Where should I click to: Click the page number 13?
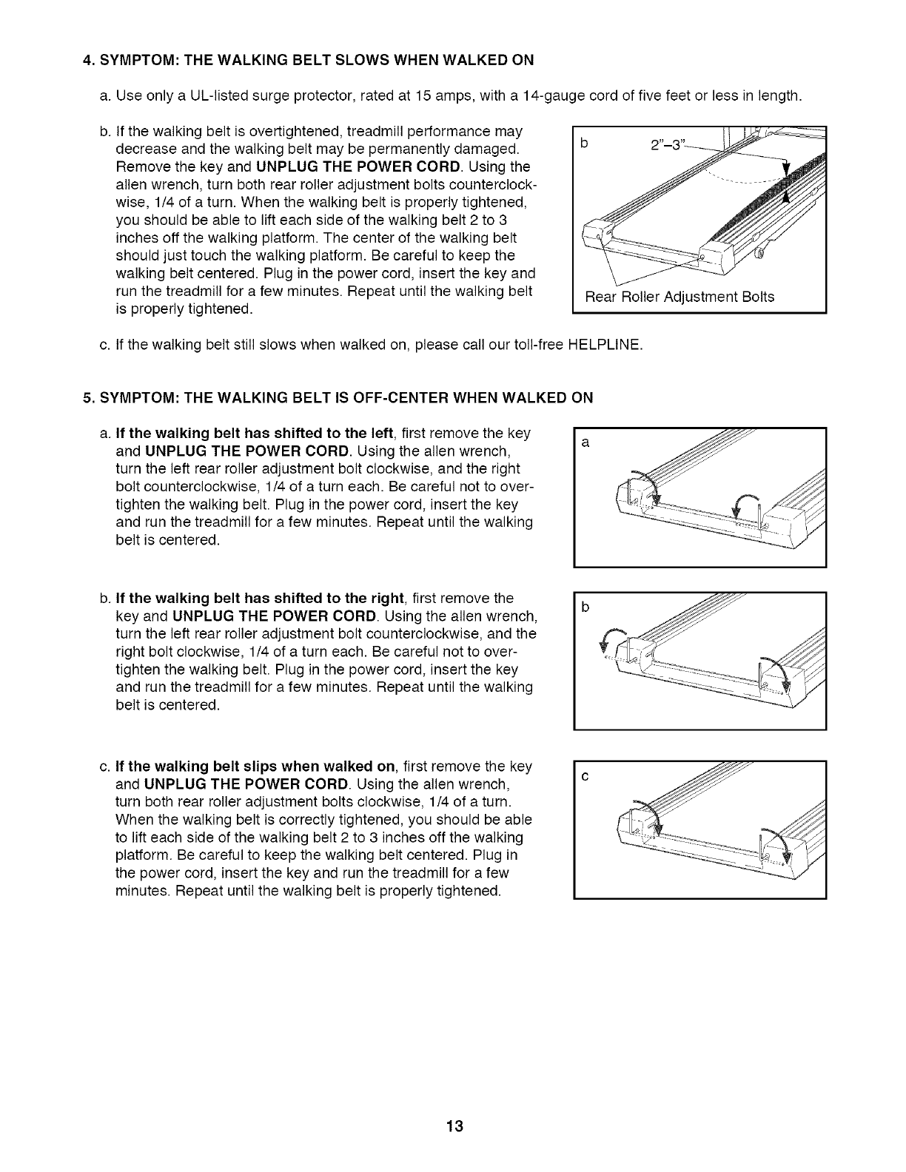pos(454,1127)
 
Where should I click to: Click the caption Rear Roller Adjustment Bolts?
pos(679,297)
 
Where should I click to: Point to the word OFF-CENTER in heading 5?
pos(390,398)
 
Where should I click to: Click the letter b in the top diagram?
pos(584,145)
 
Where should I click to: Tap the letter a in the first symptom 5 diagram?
pos(585,443)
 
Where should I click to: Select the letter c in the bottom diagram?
pos(585,777)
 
